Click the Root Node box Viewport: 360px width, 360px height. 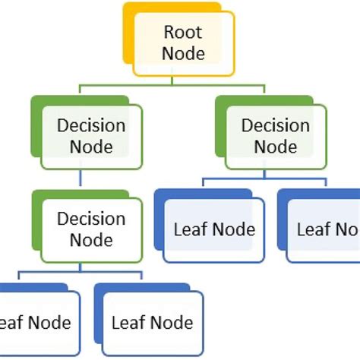[184, 43]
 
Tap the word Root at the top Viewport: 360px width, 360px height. [184, 33]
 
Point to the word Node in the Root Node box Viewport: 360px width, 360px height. [184, 54]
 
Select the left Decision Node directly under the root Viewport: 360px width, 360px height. [91, 134]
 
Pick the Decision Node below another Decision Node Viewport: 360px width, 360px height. [91, 229]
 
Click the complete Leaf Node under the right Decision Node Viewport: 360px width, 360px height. [214, 229]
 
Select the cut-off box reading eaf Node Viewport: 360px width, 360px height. [34, 322]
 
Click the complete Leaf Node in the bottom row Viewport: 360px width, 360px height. [152, 322]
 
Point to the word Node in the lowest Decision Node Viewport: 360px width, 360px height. [91, 239]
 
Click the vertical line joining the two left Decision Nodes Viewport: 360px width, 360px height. [81, 178]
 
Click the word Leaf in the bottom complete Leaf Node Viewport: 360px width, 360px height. [128, 322]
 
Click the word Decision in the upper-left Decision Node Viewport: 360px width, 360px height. [91, 125]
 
